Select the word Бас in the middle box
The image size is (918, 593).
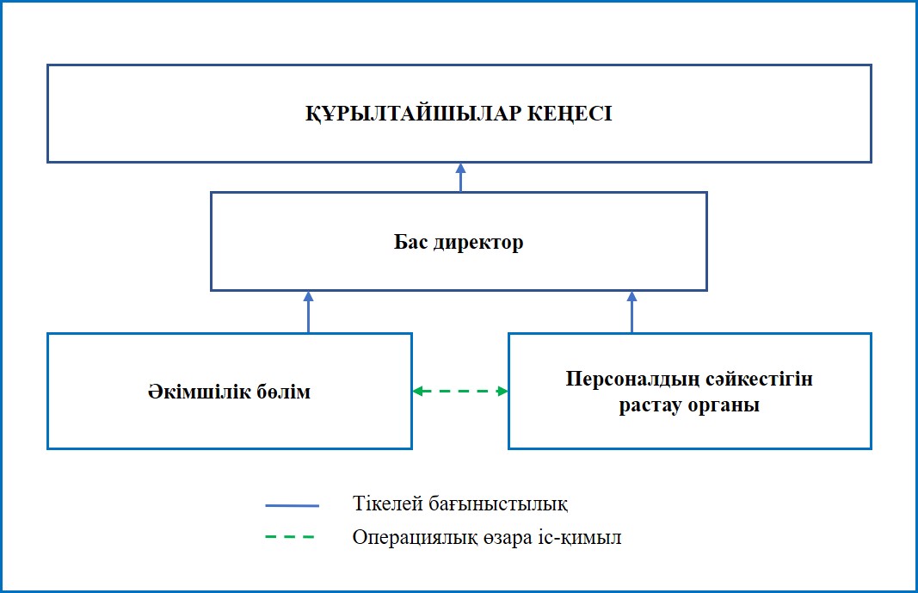[x=411, y=242]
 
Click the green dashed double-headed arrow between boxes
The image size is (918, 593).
[x=460, y=392]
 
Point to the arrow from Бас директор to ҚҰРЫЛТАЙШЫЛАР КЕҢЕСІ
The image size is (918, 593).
[x=460, y=176]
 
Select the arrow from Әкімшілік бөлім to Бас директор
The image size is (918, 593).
[x=309, y=312]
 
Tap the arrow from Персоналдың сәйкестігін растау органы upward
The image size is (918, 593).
[x=632, y=312]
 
